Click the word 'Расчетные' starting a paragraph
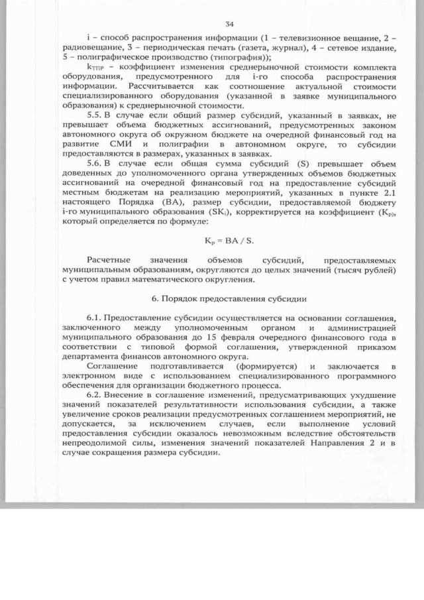tap(108, 260)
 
